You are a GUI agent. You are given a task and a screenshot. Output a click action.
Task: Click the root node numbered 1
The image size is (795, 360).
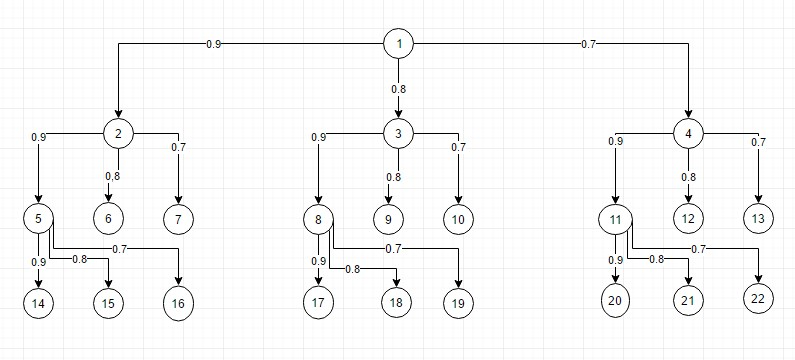(399, 44)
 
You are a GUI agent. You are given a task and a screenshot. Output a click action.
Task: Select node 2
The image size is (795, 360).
(119, 133)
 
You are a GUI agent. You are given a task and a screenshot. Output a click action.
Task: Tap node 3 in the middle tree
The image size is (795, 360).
(398, 133)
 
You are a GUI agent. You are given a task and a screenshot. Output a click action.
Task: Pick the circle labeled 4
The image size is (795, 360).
(689, 133)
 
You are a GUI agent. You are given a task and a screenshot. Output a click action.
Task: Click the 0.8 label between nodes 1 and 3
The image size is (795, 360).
(398, 89)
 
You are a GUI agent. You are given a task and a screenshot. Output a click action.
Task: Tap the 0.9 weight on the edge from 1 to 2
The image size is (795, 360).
(213, 44)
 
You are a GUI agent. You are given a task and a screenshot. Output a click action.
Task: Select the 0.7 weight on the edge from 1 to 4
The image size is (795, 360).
(588, 44)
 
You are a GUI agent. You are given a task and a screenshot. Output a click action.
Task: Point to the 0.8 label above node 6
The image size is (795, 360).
(113, 177)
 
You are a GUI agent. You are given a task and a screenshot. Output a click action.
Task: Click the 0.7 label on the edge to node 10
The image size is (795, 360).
(458, 148)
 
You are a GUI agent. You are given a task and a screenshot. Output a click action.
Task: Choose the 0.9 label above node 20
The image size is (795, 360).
(616, 261)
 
